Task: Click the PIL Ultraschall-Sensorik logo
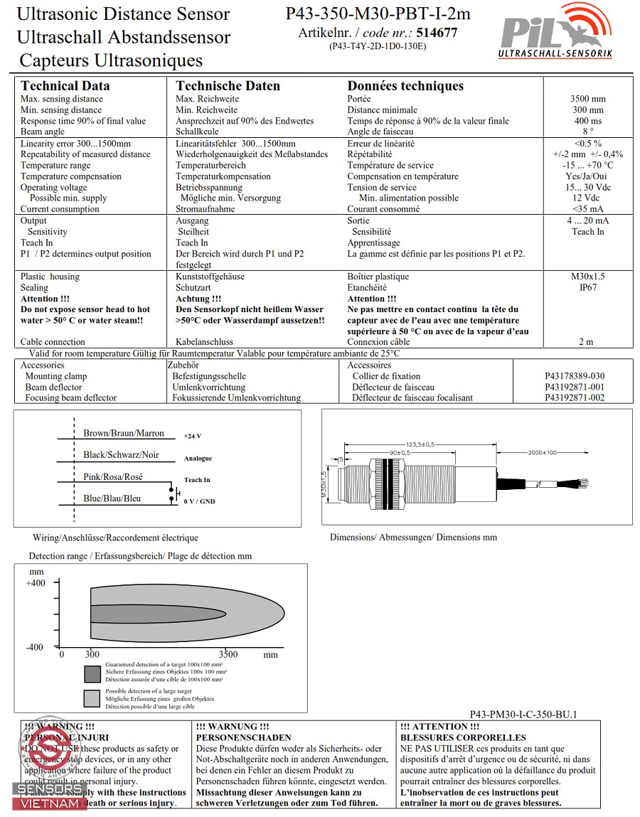pyautogui.click(x=555, y=31)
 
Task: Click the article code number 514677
pyautogui.click(x=437, y=33)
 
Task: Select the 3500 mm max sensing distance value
pyautogui.click(x=587, y=99)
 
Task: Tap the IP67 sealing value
pyautogui.click(x=587, y=288)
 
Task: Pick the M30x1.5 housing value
pyautogui.click(x=587, y=277)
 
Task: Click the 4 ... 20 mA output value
pyautogui.click(x=587, y=220)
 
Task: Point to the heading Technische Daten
pyautogui.click(x=228, y=86)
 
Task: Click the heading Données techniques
pyautogui.click(x=405, y=86)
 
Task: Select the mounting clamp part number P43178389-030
pyautogui.click(x=575, y=376)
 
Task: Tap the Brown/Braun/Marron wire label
pyautogui.click(x=123, y=433)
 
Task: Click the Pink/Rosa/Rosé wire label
pyautogui.click(x=113, y=476)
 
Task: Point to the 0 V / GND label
pyautogui.click(x=199, y=501)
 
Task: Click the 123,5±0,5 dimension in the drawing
pyautogui.click(x=420, y=444)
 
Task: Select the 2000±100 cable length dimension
pyautogui.click(x=543, y=452)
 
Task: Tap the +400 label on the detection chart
pyautogui.click(x=35, y=583)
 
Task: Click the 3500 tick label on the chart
pyautogui.click(x=228, y=654)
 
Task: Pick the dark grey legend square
pyautogui.click(x=92, y=673)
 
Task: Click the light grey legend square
pyautogui.click(x=92, y=698)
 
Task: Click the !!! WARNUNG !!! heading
pyautogui.click(x=233, y=727)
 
